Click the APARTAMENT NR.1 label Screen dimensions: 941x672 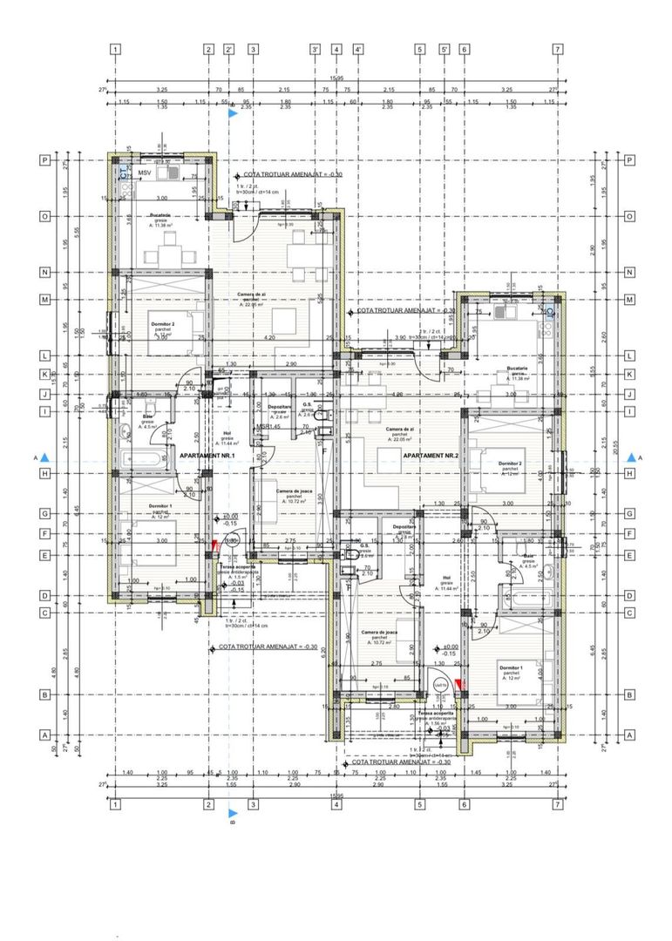[207, 456]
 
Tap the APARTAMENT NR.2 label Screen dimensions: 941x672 [432, 456]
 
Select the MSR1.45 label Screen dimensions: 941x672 [268, 427]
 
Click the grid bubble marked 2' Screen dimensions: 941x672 [229, 50]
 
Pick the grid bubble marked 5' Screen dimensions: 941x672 [444, 50]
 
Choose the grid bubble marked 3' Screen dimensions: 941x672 [316, 50]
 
